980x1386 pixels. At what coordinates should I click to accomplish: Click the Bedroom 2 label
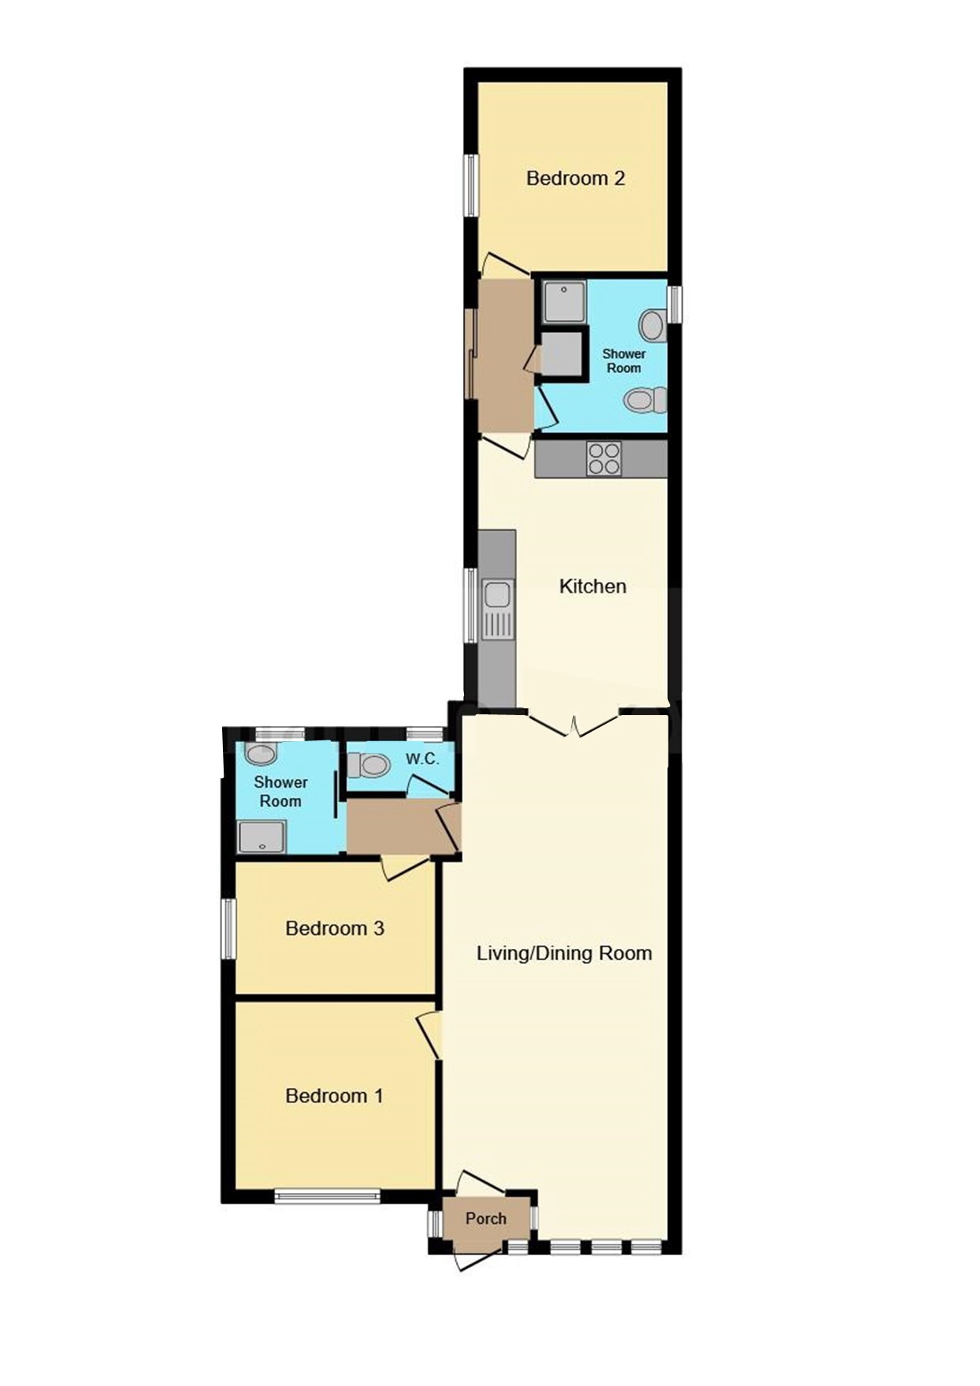(575, 179)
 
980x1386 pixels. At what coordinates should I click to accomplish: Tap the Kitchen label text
(592, 586)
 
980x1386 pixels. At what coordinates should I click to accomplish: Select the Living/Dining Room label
(563, 953)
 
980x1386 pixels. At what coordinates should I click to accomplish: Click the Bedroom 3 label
(334, 928)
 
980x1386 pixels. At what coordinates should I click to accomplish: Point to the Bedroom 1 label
(334, 1096)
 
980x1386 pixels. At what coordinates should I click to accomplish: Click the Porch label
(485, 1218)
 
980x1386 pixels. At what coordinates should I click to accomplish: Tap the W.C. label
(422, 759)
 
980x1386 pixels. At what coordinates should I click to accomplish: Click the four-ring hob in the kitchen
(604, 458)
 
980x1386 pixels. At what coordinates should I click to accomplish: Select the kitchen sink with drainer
(497, 608)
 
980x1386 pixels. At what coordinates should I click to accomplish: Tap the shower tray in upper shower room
(563, 301)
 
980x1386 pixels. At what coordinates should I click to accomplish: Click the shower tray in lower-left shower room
(262, 837)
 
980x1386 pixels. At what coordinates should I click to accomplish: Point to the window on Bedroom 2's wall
(471, 185)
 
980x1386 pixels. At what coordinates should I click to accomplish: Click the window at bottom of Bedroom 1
(327, 1197)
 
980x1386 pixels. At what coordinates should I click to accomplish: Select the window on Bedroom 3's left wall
(228, 928)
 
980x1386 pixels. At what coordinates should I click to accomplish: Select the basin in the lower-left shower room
(261, 753)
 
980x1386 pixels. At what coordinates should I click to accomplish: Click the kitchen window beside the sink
(471, 604)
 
